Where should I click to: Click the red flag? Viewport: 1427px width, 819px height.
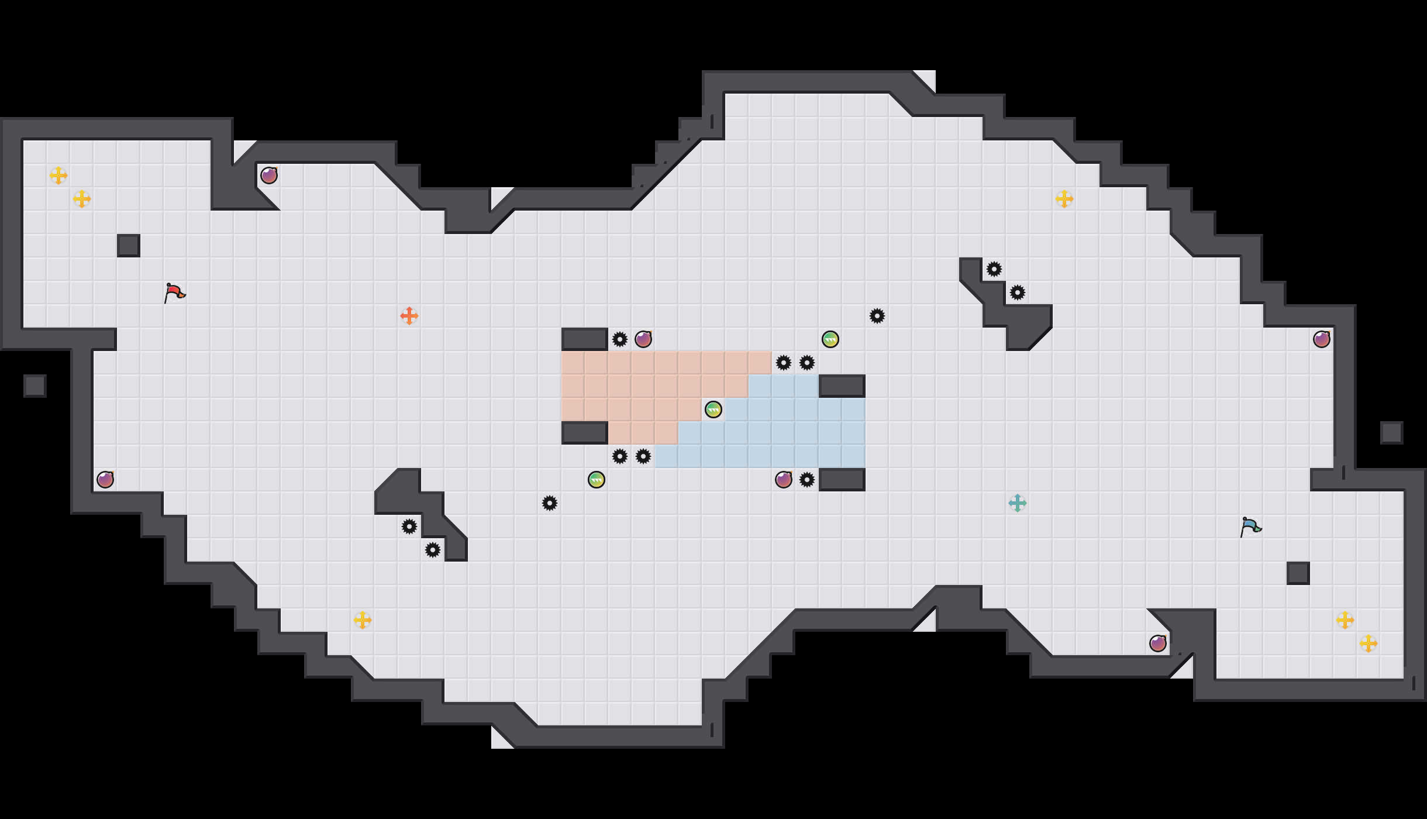click(x=174, y=292)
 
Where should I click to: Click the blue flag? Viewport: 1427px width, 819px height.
click(x=1250, y=526)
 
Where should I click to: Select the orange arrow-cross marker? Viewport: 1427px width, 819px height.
click(x=409, y=316)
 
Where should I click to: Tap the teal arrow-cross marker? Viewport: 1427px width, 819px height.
click(x=1018, y=503)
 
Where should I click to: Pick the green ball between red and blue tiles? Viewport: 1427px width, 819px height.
click(x=714, y=409)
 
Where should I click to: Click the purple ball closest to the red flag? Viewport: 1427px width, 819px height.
click(x=269, y=175)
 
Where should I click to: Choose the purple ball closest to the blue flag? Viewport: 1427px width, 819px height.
click(x=1158, y=643)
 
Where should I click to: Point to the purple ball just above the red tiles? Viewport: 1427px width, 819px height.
click(x=643, y=339)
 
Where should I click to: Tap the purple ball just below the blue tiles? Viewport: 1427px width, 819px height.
click(x=784, y=480)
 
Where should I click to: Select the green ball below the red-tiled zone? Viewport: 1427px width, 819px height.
click(x=597, y=480)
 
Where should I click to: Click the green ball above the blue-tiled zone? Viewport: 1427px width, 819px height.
click(x=830, y=339)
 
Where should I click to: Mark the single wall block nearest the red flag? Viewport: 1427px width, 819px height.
click(x=129, y=246)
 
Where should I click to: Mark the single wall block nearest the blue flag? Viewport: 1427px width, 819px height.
click(x=1298, y=573)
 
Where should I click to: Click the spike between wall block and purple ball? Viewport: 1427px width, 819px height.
click(x=620, y=339)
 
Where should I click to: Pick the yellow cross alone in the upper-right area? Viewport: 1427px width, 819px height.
click(x=1064, y=199)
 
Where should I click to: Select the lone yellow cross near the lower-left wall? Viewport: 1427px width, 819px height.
click(x=363, y=620)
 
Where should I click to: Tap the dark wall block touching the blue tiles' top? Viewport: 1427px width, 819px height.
click(x=842, y=386)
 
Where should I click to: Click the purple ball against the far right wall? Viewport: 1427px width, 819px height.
click(x=1322, y=339)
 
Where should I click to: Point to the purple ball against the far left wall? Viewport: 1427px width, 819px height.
click(x=105, y=480)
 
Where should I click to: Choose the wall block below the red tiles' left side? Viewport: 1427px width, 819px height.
click(x=585, y=433)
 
